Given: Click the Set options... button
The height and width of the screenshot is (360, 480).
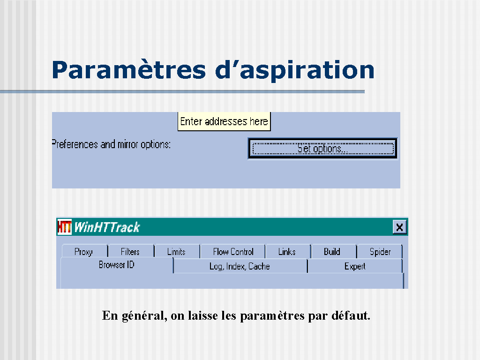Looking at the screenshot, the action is (x=322, y=149).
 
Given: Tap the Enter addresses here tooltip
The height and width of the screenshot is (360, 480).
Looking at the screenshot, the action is (x=224, y=121).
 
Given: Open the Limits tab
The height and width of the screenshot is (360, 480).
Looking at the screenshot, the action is (x=177, y=251).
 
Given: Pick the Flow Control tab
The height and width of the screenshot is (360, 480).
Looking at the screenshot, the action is (x=233, y=251).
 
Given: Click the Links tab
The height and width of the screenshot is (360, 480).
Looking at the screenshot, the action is (x=288, y=251).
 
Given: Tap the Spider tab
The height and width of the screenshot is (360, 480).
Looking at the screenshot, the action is (x=380, y=251).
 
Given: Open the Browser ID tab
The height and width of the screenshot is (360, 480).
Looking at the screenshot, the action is (x=117, y=265).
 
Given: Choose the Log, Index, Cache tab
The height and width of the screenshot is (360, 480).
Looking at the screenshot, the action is (x=240, y=266).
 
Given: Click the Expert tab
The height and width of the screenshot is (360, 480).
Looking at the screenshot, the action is (x=355, y=266).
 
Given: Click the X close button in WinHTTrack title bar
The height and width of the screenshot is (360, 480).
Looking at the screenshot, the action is (x=399, y=227).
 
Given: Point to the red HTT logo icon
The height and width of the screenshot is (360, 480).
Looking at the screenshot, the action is (x=64, y=227).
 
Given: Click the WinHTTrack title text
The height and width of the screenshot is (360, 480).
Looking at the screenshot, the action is (x=107, y=227).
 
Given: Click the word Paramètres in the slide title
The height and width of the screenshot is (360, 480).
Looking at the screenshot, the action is (x=128, y=70).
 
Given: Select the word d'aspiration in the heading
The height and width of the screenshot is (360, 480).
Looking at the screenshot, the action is (x=294, y=71).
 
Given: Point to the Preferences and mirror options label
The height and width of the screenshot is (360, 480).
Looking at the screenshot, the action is (x=111, y=144).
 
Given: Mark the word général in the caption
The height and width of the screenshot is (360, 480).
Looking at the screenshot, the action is (x=144, y=316).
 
